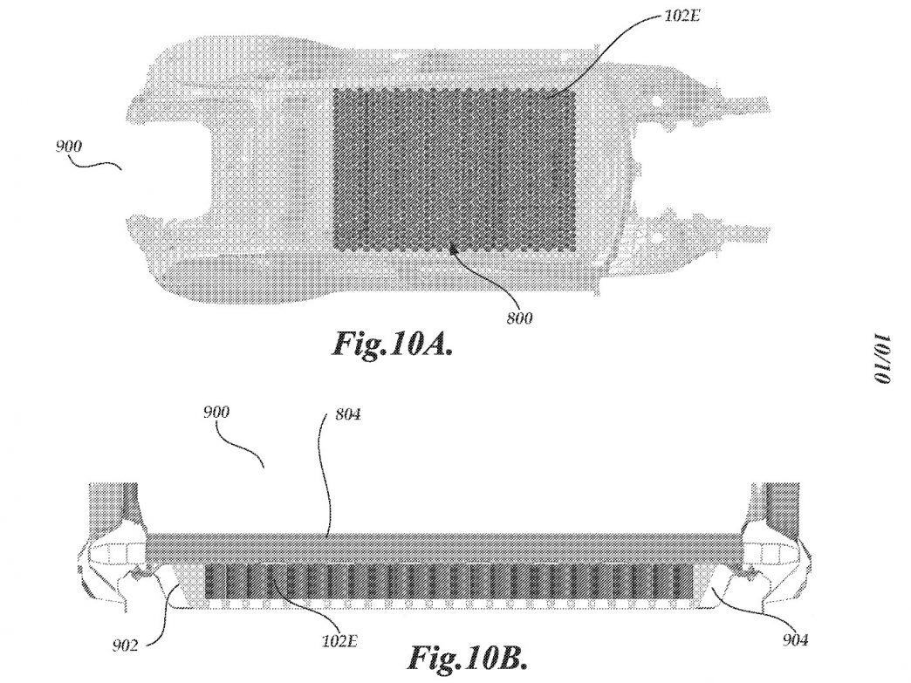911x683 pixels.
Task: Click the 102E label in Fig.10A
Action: tap(682, 16)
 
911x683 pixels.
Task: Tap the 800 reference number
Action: tap(519, 318)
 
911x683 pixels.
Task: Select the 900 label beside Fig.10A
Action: tap(69, 147)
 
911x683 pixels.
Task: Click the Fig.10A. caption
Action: tap(392, 345)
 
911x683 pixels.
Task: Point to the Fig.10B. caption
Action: tap(467, 657)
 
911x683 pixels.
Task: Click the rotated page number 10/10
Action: tap(880, 359)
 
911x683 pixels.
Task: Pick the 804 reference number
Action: tap(347, 414)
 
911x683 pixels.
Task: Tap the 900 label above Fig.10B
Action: tap(216, 413)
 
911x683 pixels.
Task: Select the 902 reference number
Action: tap(125, 645)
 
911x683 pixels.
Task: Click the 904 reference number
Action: tap(794, 640)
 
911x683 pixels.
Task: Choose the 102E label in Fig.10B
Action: tap(339, 641)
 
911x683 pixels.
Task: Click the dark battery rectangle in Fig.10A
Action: tap(455, 169)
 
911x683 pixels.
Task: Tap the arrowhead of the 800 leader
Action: tap(454, 250)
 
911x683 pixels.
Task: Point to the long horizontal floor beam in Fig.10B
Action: tap(444, 548)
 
